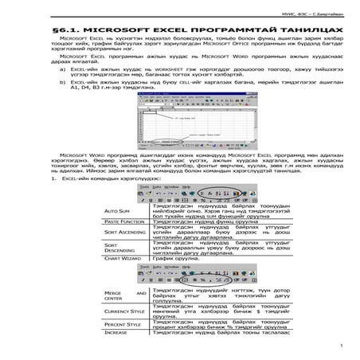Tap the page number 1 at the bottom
coord(340,346)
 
